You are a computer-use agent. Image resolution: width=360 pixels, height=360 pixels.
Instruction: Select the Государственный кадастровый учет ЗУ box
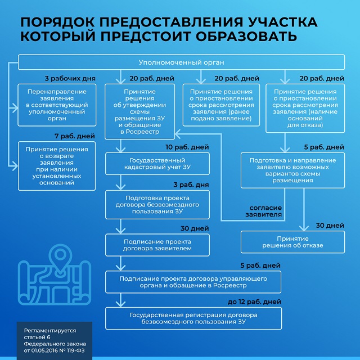click(157, 164)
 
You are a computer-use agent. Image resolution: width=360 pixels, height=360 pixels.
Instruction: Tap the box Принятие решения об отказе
click(292, 242)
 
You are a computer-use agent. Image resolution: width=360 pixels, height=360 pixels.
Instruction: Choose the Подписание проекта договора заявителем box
click(157, 245)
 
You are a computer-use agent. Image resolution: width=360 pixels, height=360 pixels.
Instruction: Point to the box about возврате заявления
click(57, 164)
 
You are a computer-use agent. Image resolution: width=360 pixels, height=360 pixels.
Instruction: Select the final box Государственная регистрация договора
click(193, 318)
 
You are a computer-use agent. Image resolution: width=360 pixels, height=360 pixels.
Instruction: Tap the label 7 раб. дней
click(75, 137)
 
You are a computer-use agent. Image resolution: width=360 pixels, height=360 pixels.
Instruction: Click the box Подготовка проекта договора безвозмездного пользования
click(157, 204)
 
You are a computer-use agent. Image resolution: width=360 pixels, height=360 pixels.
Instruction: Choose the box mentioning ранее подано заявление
click(223, 100)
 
